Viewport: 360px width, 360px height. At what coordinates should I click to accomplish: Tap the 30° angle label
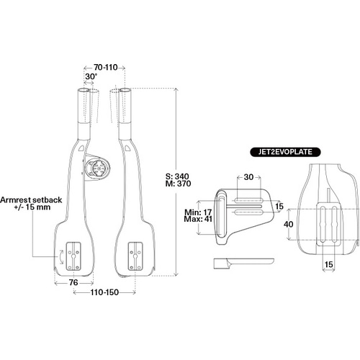[x=91, y=76]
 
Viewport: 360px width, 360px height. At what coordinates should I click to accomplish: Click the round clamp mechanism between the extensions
[x=95, y=171]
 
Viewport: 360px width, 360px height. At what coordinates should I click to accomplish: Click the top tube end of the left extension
[x=84, y=91]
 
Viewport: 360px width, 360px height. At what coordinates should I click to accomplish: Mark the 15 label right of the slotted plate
[x=279, y=207]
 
